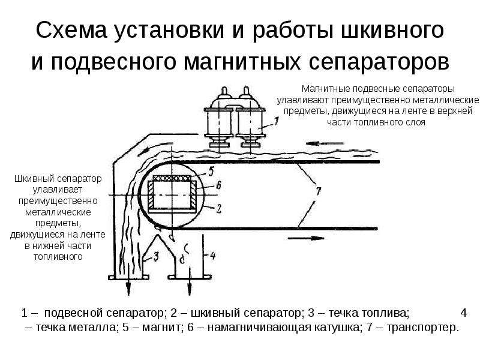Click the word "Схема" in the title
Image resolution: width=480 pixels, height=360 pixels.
tap(71, 31)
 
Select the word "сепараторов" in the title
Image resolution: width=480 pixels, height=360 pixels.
tap(379, 62)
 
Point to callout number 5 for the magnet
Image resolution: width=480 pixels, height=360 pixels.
tap(212, 171)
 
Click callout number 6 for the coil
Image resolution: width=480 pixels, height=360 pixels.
tap(218, 185)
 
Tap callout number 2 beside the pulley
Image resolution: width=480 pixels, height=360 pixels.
tap(218, 209)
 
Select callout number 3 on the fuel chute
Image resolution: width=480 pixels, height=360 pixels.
tap(157, 256)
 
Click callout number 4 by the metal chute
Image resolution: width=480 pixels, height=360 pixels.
tap(213, 256)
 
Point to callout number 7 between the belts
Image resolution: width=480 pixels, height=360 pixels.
tap(319, 191)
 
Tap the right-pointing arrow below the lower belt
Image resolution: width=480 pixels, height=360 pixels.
tap(306, 238)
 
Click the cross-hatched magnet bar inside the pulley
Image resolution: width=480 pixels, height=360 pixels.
tap(173, 178)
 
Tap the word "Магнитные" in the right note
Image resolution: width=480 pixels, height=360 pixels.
tap(326, 89)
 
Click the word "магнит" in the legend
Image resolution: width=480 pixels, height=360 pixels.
tap(161, 328)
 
